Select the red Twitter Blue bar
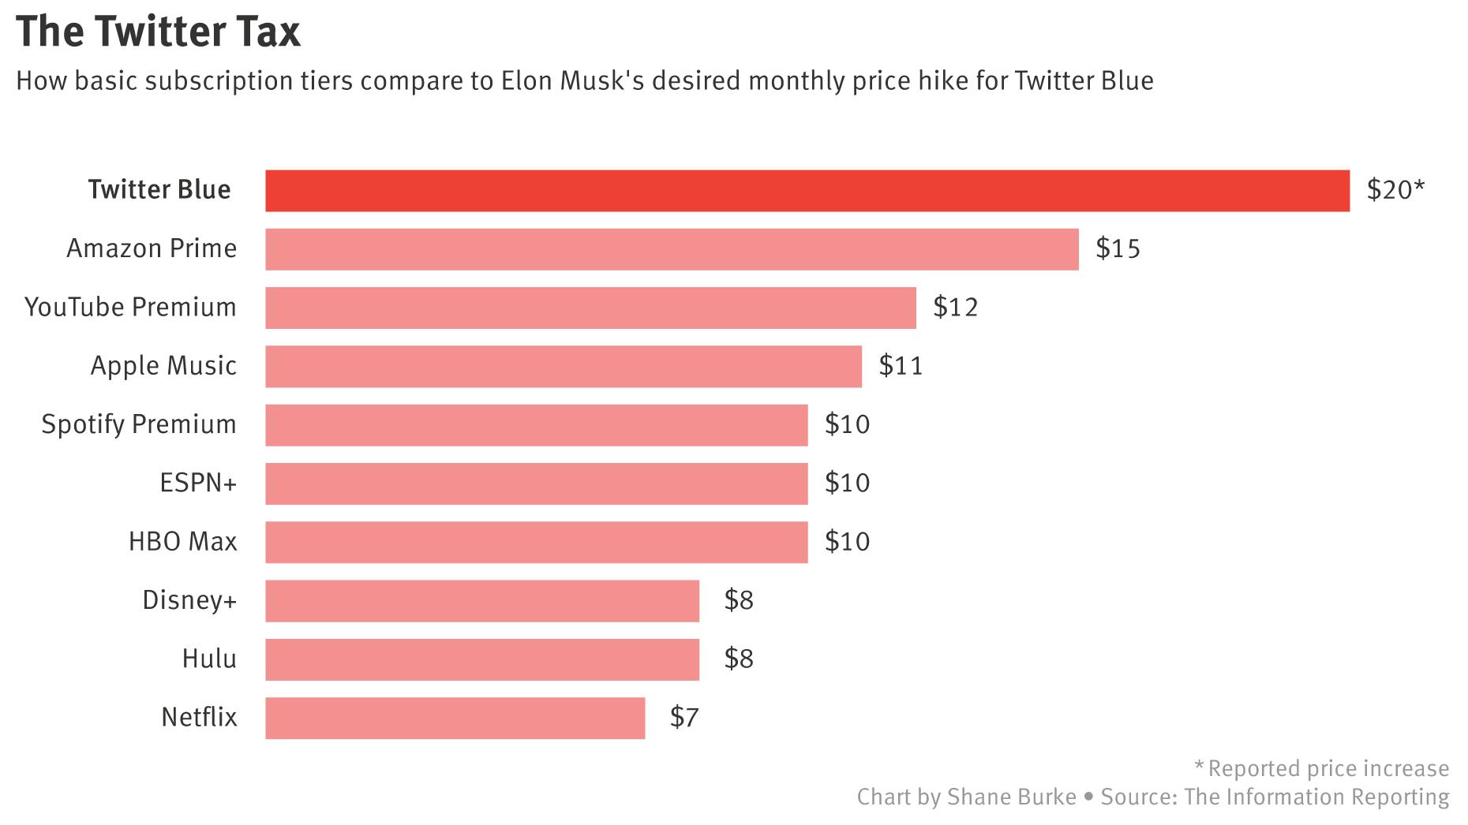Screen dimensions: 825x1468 pyautogui.click(x=807, y=191)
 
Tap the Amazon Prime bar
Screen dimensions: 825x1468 pyautogui.click(x=672, y=249)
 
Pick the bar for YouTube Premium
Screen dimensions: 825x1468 pyautogui.click(x=590, y=308)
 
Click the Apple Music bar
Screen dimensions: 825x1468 pyautogui.click(x=564, y=366)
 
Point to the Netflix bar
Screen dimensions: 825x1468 pyautogui.click(x=455, y=718)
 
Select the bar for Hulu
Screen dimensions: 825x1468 pyautogui.click(x=482, y=659)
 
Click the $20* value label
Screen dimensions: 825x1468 pyautogui.click(x=1395, y=190)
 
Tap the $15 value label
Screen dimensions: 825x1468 pyautogui.click(x=1118, y=249)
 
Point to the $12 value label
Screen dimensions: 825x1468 pyautogui.click(x=955, y=308)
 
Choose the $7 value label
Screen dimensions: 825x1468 pyautogui.click(x=684, y=718)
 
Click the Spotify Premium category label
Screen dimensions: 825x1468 pyautogui.click(x=139, y=424)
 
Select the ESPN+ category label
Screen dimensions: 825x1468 pyautogui.click(x=198, y=483)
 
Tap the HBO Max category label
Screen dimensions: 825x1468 pyautogui.click(x=182, y=542)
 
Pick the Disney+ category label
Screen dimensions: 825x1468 pyautogui.click(x=189, y=600)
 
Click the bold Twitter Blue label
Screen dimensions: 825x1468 pyautogui.click(x=159, y=190)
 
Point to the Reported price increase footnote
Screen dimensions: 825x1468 pyautogui.click(x=1328, y=768)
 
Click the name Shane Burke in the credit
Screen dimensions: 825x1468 pyautogui.click(x=1011, y=797)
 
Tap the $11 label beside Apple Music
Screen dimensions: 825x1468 pyautogui.click(x=901, y=366)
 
